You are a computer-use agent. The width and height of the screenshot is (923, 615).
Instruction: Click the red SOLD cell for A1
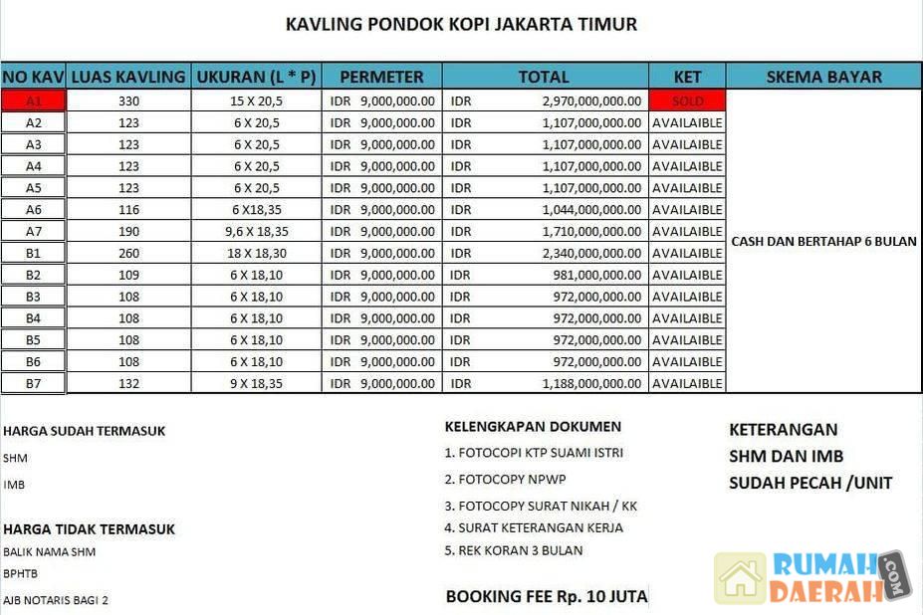pyautogui.click(x=687, y=101)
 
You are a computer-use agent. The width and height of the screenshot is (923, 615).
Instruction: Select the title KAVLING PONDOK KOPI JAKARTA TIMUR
pyautogui.click(x=461, y=24)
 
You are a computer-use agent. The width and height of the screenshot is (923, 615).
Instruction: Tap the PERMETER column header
pyautogui.click(x=381, y=77)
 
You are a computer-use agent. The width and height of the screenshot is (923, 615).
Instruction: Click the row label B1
pyautogui.click(x=33, y=253)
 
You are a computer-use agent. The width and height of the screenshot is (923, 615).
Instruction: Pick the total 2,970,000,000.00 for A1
pyautogui.click(x=591, y=101)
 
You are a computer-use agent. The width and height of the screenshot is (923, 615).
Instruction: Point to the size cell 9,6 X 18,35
pyautogui.click(x=256, y=231)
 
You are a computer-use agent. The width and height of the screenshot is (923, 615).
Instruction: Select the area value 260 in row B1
pyautogui.click(x=128, y=253)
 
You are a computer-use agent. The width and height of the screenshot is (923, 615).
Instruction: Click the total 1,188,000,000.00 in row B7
pyautogui.click(x=591, y=383)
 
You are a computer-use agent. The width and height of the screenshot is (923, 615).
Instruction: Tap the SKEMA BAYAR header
pyautogui.click(x=823, y=77)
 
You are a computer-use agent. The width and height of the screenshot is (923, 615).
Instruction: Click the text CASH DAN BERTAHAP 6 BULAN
pyautogui.click(x=823, y=241)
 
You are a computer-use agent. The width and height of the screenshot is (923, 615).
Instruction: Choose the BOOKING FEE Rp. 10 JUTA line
pyautogui.click(x=547, y=597)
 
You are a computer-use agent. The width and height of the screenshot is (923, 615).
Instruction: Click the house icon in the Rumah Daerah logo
pyautogui.click(x=740, y=578)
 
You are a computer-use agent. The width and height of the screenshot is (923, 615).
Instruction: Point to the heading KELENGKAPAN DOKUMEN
pyautogui.click(x=533, y=427)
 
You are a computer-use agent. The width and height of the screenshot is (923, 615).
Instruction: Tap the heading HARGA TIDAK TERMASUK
pyautogui.click(x=89, y=529)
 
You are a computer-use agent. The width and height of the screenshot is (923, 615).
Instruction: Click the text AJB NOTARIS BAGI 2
pyautogui.click(x=56, y=600)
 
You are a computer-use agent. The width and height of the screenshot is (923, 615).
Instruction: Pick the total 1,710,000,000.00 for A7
pyautogui.click(x=591, y=231)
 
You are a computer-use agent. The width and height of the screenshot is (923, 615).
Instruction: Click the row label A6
pyautogui.click(x=33, y=209)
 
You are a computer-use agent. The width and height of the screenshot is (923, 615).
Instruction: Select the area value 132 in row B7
pyautogui.click(x=128, y=383)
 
